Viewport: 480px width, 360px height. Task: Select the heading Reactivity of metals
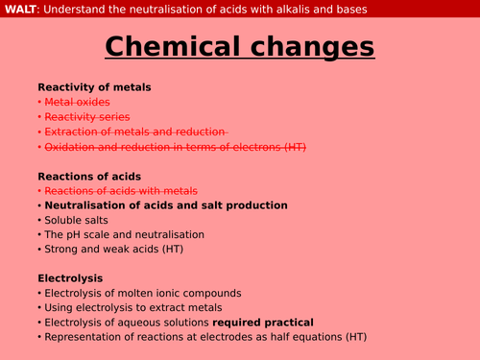pos(94,87)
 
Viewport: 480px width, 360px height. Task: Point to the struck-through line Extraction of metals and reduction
pos(135,132)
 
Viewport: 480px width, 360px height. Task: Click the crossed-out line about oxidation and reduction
pos(180,146)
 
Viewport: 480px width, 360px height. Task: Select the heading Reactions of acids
pos(89,176)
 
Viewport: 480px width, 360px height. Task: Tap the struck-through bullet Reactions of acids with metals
pos(121,190)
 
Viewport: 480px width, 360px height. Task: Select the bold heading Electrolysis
pos(70,278)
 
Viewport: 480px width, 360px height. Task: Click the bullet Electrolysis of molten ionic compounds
pos(138,293)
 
